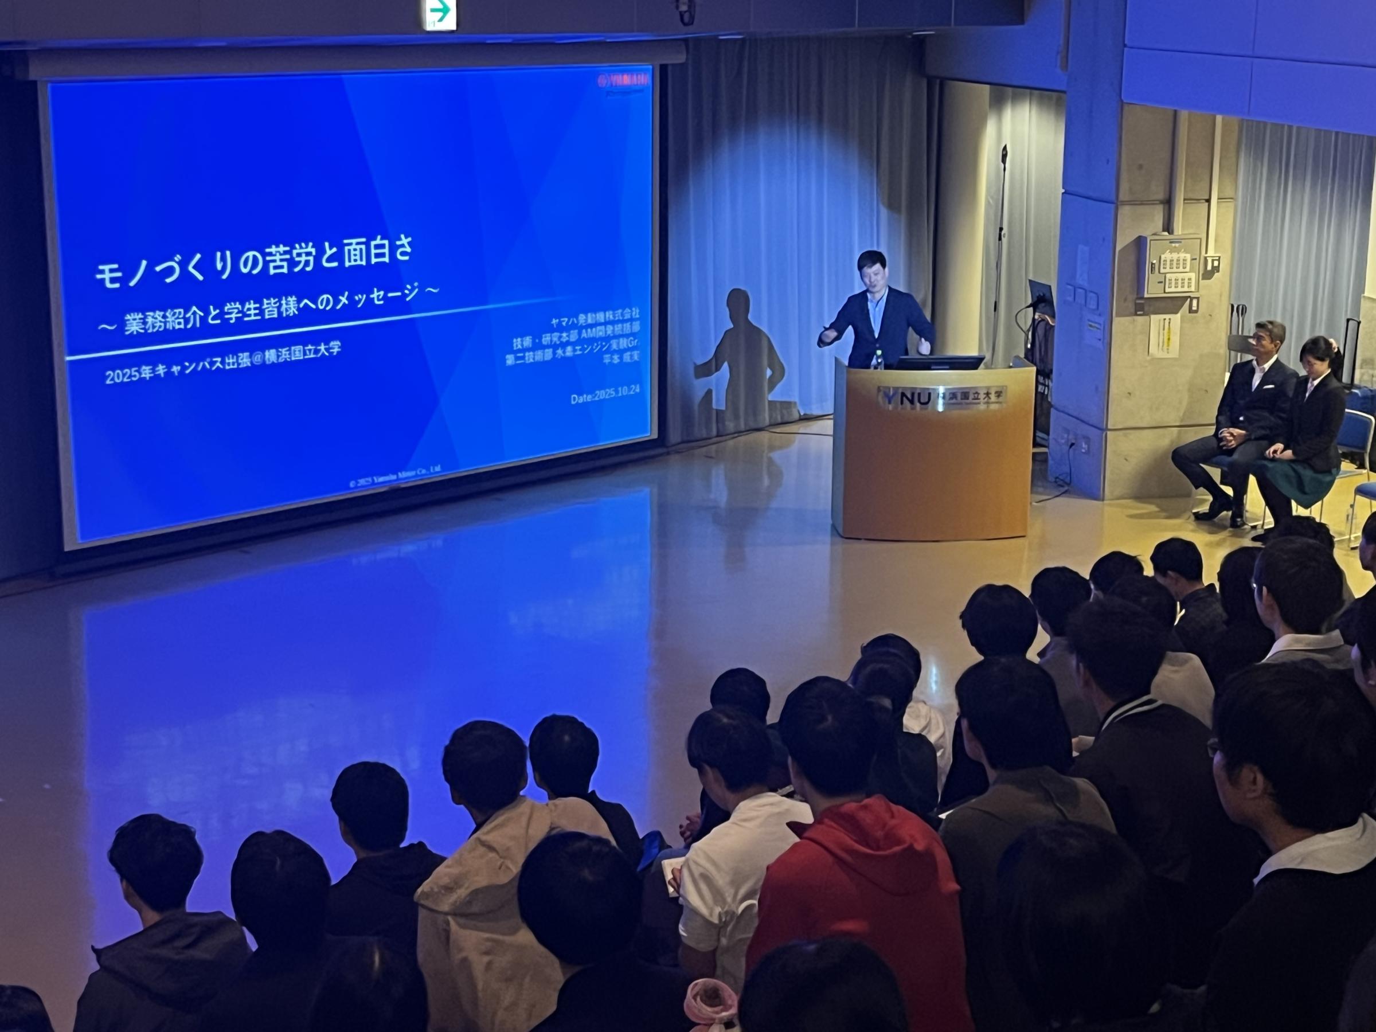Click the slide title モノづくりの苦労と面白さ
click(254, 263)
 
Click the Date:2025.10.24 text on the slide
click(605, 395)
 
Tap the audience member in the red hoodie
click(858, 884)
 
